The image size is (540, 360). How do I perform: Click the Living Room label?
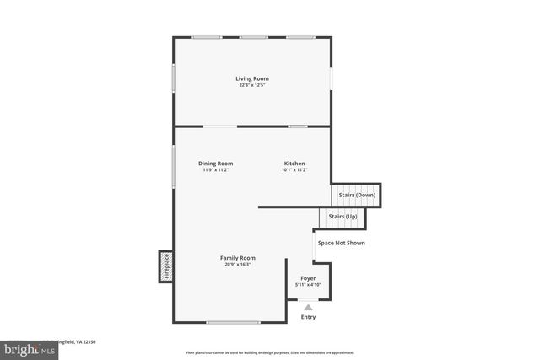tap(252, 78)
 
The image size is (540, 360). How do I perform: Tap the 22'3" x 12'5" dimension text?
tap(252, 85)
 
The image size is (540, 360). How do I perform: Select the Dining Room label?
tap(216, 163)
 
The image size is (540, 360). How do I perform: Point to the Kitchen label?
tap(294, 163)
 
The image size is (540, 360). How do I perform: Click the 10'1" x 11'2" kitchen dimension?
tap(294, 170)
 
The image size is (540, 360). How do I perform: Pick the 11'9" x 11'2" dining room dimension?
tap(216, 170)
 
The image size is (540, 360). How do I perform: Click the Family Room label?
tap(238, 257)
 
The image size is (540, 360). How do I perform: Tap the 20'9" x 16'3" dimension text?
tap(238, 265)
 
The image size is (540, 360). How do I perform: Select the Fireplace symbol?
tap(166, 266)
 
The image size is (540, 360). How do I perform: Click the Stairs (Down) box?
tap(357, 195)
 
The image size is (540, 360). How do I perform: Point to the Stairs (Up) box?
tap(347, 217)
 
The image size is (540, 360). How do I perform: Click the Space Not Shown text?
tap(342, 243)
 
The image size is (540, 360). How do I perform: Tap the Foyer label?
tap(309, 277)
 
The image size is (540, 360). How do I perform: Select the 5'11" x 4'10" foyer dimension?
tap(309, 285)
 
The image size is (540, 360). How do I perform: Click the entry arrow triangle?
tap(309, 308)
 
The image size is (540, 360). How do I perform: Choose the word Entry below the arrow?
tap(309, 317)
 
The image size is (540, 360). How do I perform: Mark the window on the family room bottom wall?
tap(234, 322)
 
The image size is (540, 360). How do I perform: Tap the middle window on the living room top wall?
tap(253, 37)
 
